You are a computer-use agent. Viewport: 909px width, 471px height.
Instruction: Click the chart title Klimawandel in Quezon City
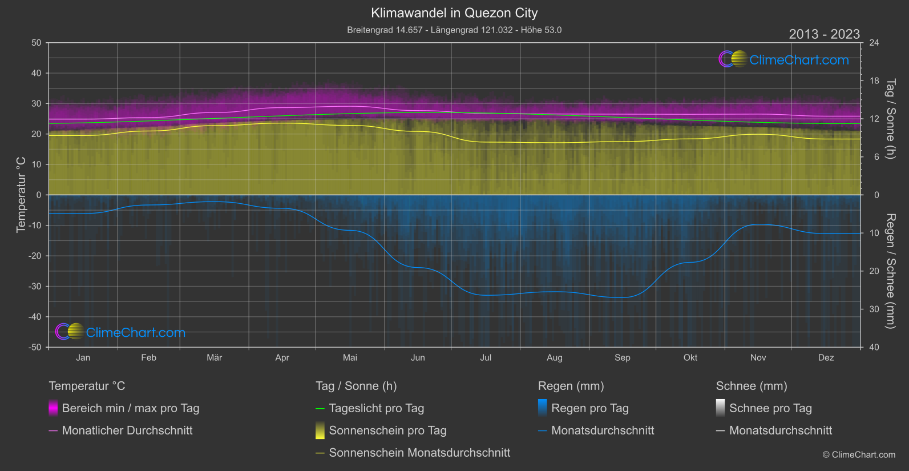click(x=454, y=13)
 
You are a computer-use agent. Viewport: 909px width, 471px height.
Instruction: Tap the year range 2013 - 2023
click(x=824, y=34)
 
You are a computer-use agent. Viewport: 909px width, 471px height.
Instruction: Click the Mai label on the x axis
click(x=350, y=358)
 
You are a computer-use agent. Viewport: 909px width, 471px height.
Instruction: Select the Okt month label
click(x=690, y=358)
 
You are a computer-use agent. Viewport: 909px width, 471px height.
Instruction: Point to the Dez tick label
click(x=826, y=358)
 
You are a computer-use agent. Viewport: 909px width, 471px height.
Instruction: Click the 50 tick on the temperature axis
click(x=37, y=43)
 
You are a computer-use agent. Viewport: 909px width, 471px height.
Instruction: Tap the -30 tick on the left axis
click(x=35, y=287)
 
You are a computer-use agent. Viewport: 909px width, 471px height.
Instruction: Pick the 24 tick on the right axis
click(x=874, y=43)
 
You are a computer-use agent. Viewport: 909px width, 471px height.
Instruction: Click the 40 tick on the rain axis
click(x=874, y=347)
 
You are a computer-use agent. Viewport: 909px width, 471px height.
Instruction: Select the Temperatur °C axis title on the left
click(x=21, y=195)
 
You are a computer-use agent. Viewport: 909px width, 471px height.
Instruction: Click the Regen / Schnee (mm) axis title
click(x=890, y=271)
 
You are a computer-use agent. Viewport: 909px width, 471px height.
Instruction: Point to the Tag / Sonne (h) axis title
click(x=890, y=119)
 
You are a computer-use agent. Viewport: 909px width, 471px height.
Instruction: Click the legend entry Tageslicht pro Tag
click(x=376, y=408)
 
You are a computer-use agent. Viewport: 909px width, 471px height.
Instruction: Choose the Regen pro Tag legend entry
click(x=589, y=408)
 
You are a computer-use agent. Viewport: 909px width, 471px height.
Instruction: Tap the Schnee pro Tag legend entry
click(x=770, y=408)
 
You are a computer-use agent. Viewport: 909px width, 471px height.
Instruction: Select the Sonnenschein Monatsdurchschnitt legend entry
click(x=419, y=453)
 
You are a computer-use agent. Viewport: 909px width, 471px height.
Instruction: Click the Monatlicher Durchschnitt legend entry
click(x=127, y=430)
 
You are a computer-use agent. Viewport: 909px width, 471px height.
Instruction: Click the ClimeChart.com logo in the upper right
click(x=783, y=59)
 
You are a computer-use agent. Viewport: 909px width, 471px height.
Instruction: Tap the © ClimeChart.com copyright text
click(x=859, y=455)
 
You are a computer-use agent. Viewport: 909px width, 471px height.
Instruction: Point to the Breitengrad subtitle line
click(x=454, y=30)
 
